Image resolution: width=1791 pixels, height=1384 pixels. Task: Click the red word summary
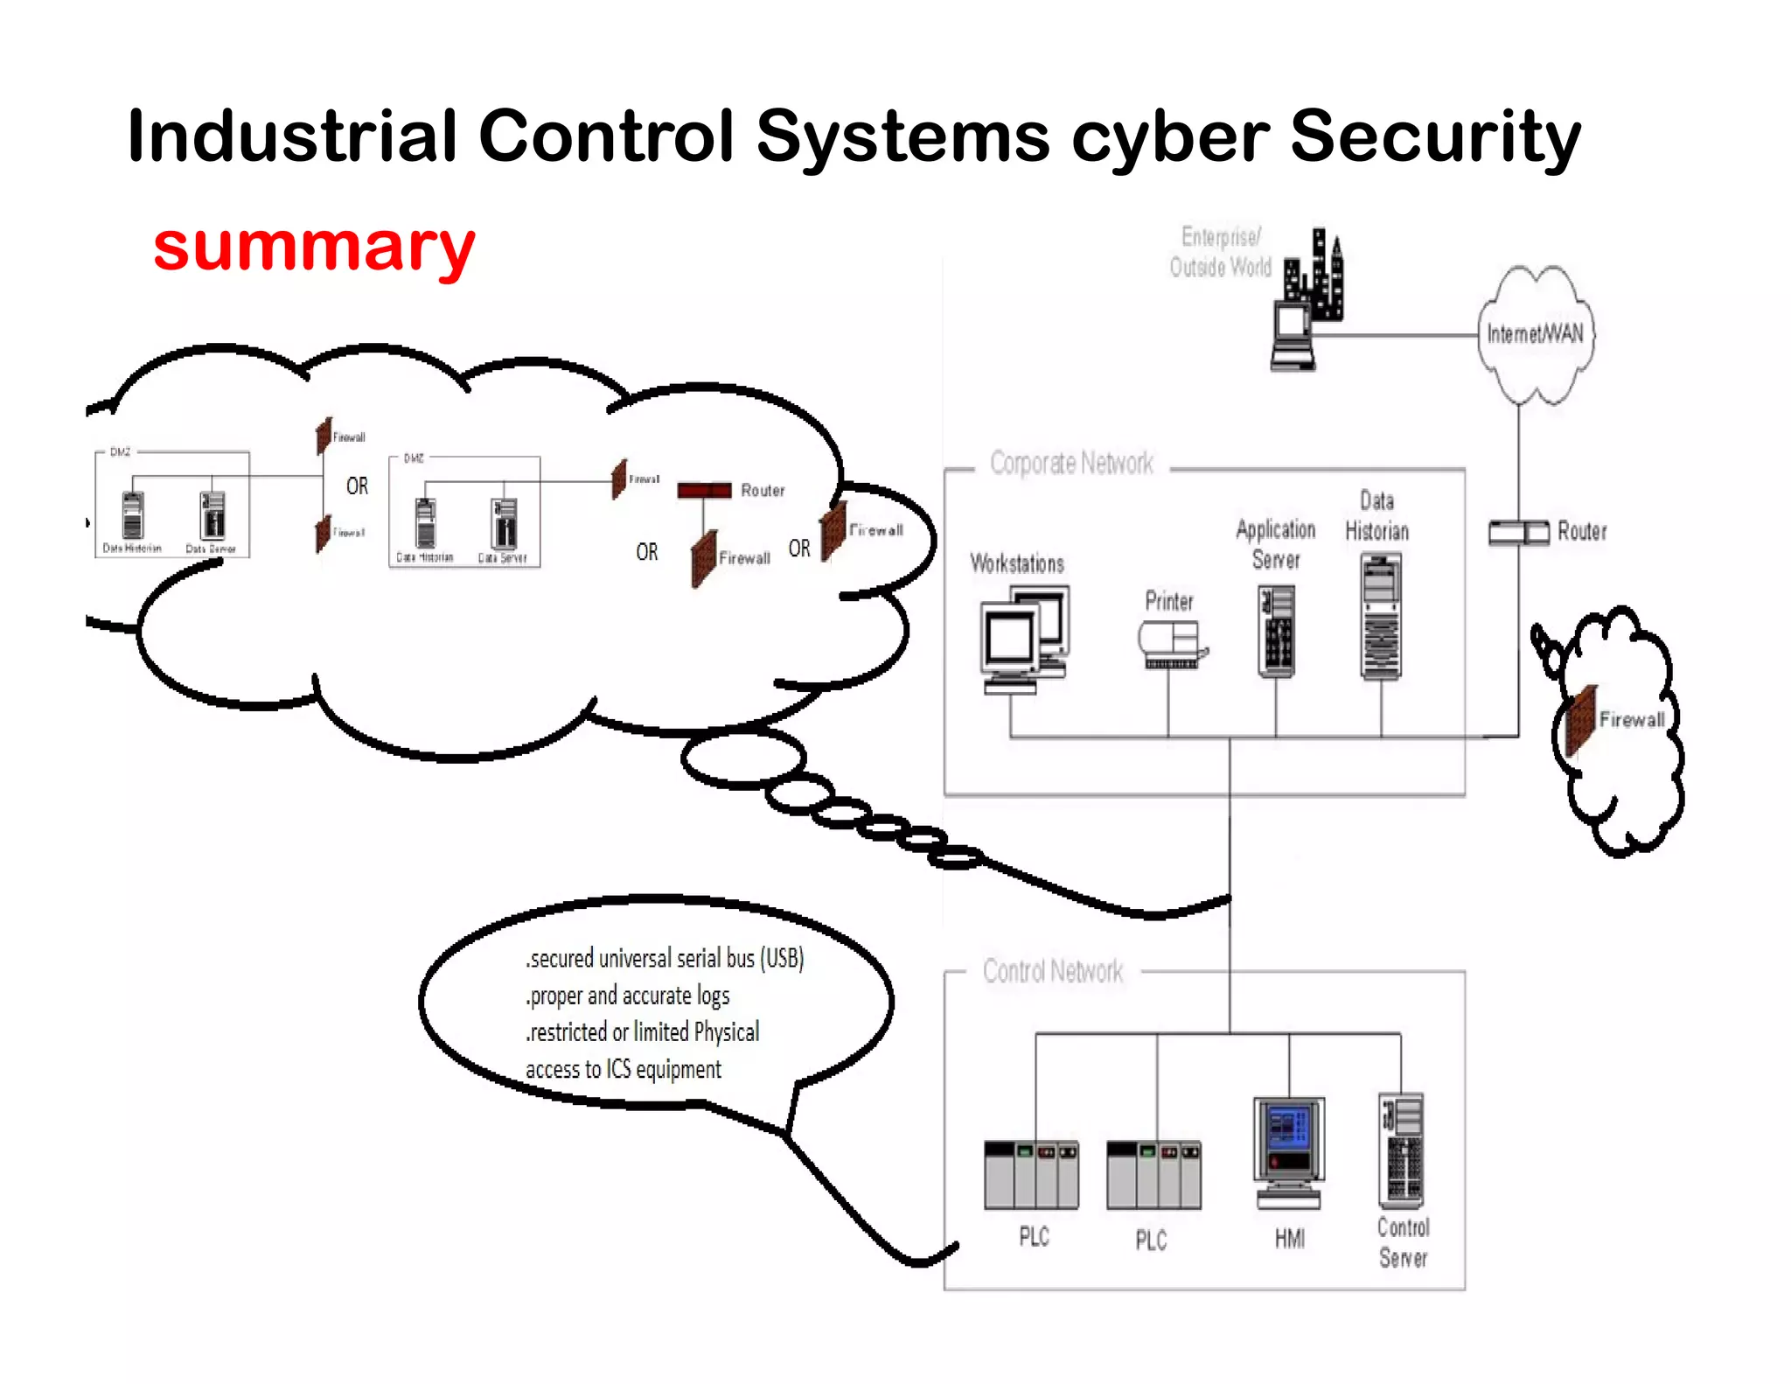pyautogui.click(x=314, y=247)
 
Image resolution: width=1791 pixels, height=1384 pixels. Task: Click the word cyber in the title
pyautogui.click(x=1170, y=137)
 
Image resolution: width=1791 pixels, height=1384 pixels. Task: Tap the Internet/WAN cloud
pyautogui.click(x=1536, y=333)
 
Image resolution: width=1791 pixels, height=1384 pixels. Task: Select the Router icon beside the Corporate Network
pyautogui.click(x=1518, y=532)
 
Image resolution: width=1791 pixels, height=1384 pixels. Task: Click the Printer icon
pyautogui.click(x=1172, y=645)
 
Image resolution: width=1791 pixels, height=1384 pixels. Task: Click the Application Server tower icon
pyautogui.click(x=1276, y=631)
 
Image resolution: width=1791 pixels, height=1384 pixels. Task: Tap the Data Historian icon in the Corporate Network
pyautogui.click(x=1381, y=616)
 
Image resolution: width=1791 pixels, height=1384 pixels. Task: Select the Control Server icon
pyautogui.click(x=1402, y=1150)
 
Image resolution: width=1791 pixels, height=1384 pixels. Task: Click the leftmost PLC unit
pyautogui.click(x=1031, y=1175)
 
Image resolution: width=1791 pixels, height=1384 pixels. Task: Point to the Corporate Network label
pyautogui.click(x=1071, y=463)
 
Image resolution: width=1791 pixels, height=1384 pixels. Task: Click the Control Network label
pyautogui.click(x=1053, y=971)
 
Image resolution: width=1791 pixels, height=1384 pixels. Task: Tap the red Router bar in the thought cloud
pyautogui.click(x=704, y=491)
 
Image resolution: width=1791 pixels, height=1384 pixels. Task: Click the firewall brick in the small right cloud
pyautogui.click(x=1581, y=720)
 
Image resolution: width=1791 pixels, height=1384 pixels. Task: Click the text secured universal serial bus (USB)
pyautogui.click(x=666, y=959)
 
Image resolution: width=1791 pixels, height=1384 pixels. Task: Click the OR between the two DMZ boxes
pyautogui.click(x=357, y=486)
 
